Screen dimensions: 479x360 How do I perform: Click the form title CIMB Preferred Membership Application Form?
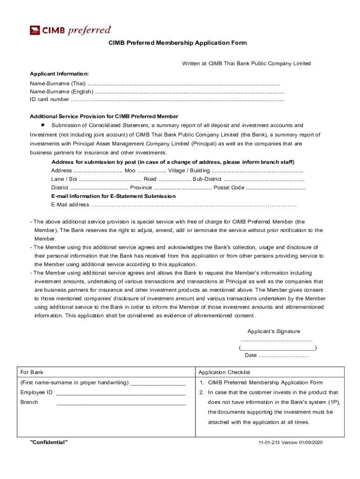click(x=178, y=43)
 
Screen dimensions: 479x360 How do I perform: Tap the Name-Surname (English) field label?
click(x=61, y=91)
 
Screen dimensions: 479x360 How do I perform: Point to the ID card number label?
click(x=50, y=99)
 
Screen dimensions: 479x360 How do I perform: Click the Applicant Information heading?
click(x=59, y=74)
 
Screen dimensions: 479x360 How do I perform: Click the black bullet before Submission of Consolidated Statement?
click(x=42, y=125)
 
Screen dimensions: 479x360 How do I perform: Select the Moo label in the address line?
click(x=130, y=170)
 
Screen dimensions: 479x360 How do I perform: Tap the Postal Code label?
click(x=229, y=188)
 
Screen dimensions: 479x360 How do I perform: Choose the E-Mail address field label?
click(x=70, y=205)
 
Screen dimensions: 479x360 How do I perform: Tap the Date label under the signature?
click(x=251, y=356)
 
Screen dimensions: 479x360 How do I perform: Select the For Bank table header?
click(x=32, y=372)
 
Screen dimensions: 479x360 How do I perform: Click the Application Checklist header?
click(x=224, y=372)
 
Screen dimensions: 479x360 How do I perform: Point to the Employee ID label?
click(x=36, y=392)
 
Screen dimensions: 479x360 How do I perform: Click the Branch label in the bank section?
click(x=29, y=402)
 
